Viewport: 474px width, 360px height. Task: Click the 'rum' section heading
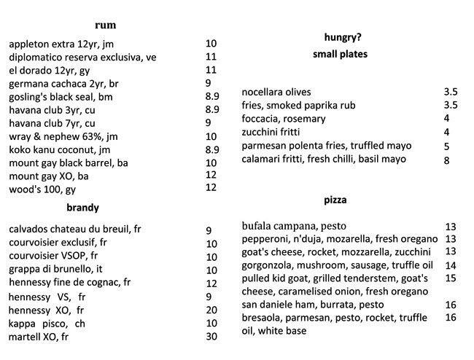tap(105, 25)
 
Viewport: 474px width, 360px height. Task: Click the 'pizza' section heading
tap(335, 200)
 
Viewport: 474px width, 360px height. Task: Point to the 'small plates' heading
tap(340, 55)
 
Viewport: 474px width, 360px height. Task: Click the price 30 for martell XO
tap(211, 337)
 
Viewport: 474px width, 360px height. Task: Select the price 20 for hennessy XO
tap(211, 310)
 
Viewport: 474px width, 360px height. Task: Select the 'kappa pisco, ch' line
tap(47, 323)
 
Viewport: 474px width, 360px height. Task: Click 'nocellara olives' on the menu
tap(276, 93)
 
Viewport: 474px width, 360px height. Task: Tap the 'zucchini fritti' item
tap(273, 132)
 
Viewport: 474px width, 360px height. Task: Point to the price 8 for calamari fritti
tap(446, 160)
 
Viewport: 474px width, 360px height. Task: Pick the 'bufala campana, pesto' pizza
tap(295, 225)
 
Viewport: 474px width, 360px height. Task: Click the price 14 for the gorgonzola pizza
tap(450, 265)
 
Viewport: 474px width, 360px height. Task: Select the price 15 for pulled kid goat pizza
tap(450, 278)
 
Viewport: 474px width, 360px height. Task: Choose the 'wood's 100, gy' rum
tap(42, 189)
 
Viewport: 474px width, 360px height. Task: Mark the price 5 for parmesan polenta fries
tap(446, 146)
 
